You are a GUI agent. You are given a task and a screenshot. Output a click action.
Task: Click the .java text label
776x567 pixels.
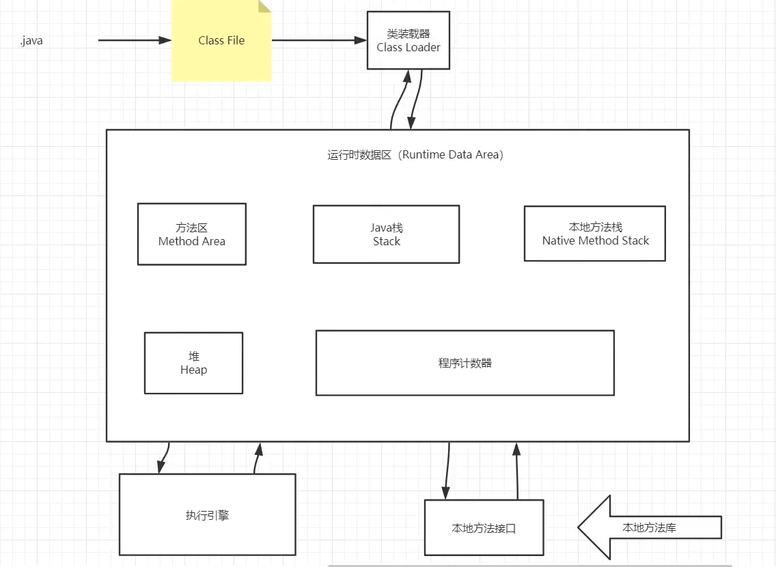tap(31, 41)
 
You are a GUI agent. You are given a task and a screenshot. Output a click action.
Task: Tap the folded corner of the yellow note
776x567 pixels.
tap(264, 6)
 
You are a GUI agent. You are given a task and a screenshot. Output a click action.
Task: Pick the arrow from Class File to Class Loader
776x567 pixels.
tap(318, 40)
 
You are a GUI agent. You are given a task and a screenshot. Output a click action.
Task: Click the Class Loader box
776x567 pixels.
tap(408, 41)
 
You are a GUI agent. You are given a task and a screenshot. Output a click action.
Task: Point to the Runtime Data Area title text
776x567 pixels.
tap(415, 155)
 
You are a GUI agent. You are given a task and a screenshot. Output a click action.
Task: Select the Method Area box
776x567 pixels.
tap(191, 234)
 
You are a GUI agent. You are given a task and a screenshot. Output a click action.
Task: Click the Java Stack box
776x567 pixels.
tap(386, 234)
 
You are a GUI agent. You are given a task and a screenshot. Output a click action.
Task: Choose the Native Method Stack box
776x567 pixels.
tap(594, 234)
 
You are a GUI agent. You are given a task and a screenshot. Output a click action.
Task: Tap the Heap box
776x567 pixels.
tap(193, 363)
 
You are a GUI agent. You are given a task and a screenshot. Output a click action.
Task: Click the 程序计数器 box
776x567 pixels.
tap(465, 363)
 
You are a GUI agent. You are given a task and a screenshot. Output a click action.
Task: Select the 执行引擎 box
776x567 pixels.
tap(207, 515)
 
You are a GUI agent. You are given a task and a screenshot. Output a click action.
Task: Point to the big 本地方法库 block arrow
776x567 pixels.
tap(649, 527)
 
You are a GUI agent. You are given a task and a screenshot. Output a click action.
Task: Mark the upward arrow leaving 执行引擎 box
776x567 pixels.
tap(258, 458)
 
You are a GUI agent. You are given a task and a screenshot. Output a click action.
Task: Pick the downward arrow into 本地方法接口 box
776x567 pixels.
tap(447, 471)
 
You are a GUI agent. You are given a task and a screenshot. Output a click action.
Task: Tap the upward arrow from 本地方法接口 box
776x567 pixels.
tap(517, 471)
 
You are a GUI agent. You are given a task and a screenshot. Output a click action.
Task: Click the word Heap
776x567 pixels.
tap(193, 370)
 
